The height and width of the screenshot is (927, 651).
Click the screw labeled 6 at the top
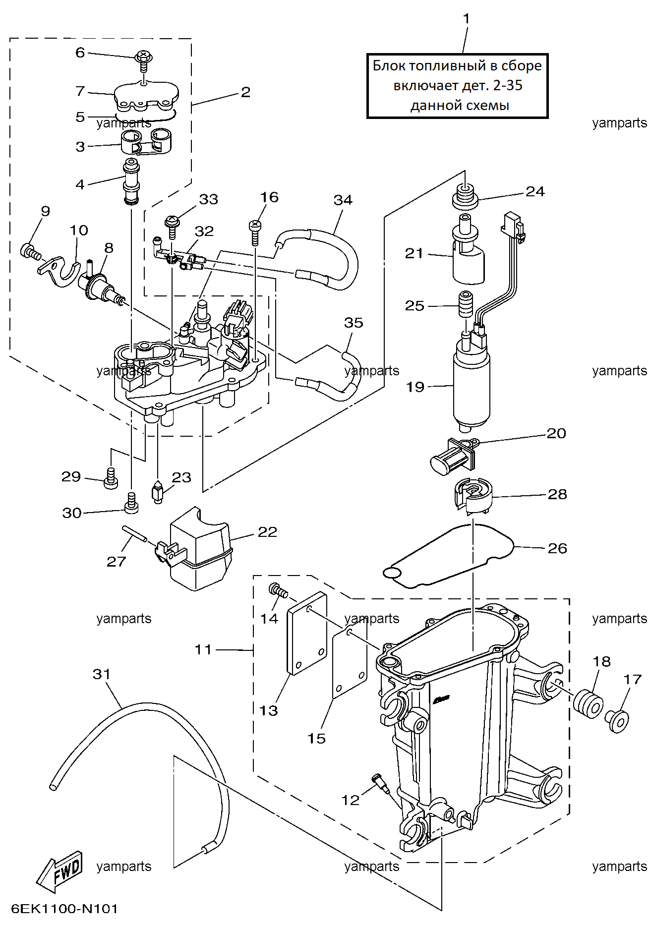pos(144,61)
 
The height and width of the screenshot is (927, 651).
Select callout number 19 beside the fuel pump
pos(415,387)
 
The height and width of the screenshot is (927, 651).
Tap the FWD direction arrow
pos(60,871)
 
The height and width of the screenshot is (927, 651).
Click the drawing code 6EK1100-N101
pos(65,909)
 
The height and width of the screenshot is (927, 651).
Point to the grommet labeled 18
pos(588,703)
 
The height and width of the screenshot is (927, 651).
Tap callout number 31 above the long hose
pos(102,674)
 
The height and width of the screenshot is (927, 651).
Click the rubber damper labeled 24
pos(465,197)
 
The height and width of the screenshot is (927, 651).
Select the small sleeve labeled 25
pos(466,304)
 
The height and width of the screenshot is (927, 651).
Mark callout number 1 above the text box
pos(466,18)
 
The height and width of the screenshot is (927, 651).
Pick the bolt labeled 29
pos(111,478)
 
